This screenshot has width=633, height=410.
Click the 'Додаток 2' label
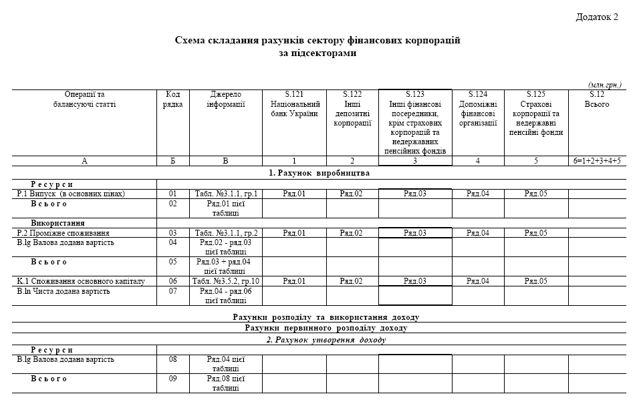(x=597, y=17)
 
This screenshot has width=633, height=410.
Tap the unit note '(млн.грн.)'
(x=605, y=85)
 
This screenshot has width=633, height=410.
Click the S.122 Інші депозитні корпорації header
(x=352, y=109)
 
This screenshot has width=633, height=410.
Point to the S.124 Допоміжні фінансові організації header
(x=477, y=109)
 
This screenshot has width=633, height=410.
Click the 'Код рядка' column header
(x=172, y=99)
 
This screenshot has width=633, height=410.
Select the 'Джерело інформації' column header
(x=225, y=99)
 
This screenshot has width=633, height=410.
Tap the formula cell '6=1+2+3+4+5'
(x=597, y=161)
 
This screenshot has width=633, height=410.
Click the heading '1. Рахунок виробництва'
(x=319, y=173)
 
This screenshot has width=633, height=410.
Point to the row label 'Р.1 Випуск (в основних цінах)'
(x=72, y=194)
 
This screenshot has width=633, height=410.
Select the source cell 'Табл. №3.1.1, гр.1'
(x=226, y=194)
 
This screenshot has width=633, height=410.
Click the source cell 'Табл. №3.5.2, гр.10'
(x=226, y=282)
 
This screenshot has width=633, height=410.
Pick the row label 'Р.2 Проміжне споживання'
(x=64, y=233)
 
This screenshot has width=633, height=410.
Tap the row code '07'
(x=172, y=291)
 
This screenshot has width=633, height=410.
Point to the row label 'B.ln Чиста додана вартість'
(x=65, y=291)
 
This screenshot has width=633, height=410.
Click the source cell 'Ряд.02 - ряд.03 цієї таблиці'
(x=225, y=247)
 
